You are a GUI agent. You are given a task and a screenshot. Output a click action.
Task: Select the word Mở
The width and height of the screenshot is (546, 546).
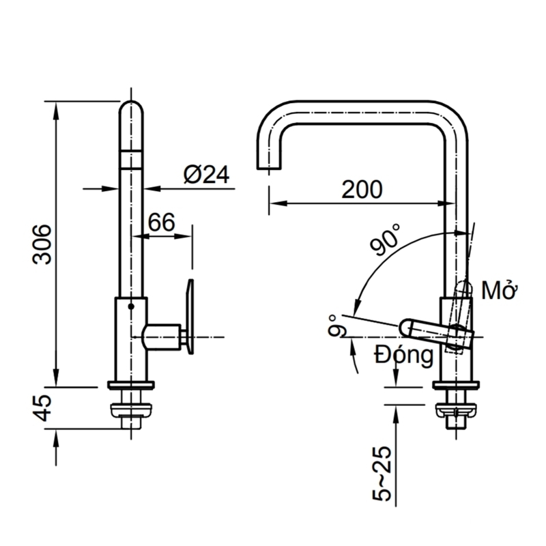(498, 291)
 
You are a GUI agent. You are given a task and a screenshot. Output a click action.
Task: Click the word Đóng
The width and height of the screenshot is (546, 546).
(403, 355)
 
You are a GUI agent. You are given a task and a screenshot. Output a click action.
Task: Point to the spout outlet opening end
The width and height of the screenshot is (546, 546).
(269, 169)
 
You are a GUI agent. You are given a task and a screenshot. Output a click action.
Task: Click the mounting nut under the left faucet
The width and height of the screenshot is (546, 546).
(132, 409)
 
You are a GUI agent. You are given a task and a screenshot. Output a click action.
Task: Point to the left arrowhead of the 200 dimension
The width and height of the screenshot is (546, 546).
(273, 203)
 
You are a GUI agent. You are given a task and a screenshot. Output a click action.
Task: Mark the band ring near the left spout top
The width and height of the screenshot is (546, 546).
(132, 158)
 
